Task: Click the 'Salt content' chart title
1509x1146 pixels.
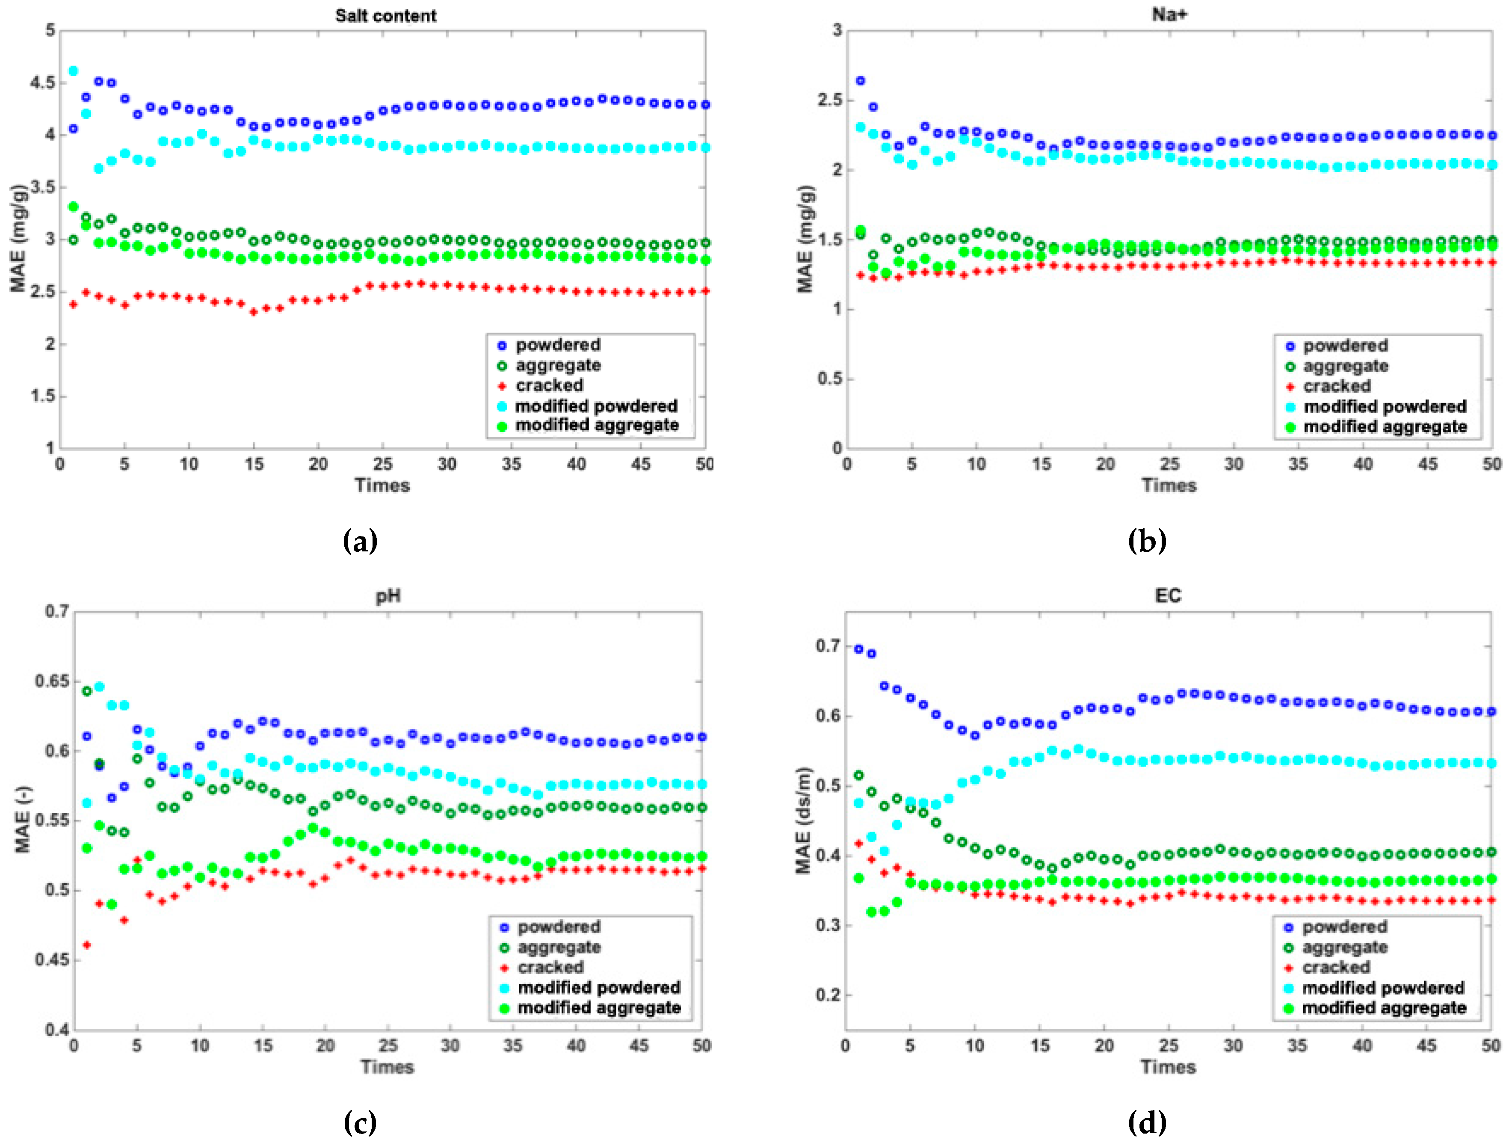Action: pyautogui.click(x=385, y=16)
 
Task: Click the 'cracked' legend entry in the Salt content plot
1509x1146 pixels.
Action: pyautogui.click(x=549, y=385)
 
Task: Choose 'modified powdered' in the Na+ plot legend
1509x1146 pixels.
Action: pyautogui.click(x=1385, y=406)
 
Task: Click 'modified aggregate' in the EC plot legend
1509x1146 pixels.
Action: pyautogui.click(x=1384, y=1007)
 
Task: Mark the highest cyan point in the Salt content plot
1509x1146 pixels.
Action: pyautogui.click(x=73, y=71)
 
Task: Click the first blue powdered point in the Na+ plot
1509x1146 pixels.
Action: pyautogui.click(x=860, y=80)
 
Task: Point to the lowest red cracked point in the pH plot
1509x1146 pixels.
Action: pyautogui.click(x=87, y=945)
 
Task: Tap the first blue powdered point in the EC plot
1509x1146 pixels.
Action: pyautogui.click(x=859, y=649)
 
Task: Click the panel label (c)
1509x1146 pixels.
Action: pyautogui.click(x=360, y=1122)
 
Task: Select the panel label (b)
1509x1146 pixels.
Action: pyautogui.click(x=1147, y=541)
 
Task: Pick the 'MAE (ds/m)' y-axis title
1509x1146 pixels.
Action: pyautogui.click(x=803, y=820)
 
